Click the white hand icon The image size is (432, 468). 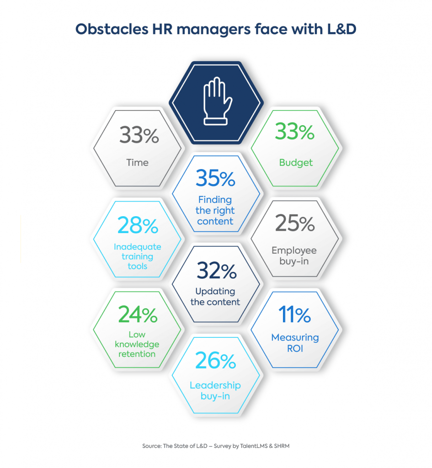(215, 102)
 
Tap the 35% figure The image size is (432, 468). (215, 179)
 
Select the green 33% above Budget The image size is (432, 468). (295, 133)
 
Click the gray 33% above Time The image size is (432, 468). (139, 135)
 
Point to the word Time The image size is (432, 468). (138, 162)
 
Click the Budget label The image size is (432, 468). (295, 162)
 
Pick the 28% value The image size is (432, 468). (137, 225)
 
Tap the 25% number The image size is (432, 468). (295, 224)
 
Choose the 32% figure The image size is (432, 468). (216, 272)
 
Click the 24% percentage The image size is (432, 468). (138, 315)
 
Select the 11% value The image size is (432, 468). (295, 315)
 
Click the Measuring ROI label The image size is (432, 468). (295, 343)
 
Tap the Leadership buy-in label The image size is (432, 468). (215, 391)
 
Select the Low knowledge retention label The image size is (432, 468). (137, 344)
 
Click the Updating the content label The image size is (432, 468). (215, 297)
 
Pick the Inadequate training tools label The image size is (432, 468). (137, 256)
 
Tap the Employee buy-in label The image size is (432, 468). (294, 256)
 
